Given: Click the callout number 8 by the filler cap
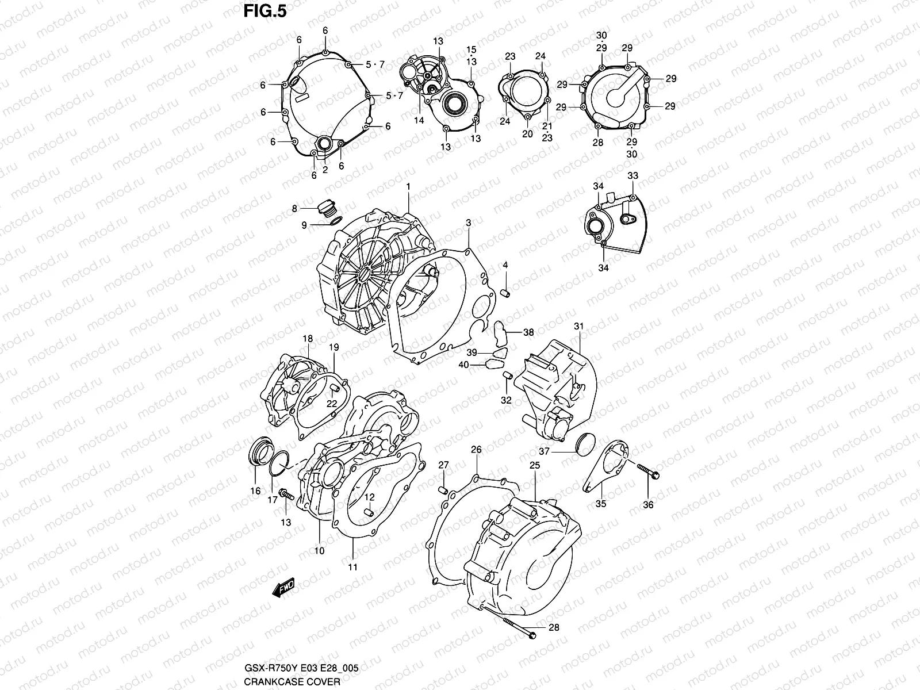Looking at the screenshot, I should point(294,208).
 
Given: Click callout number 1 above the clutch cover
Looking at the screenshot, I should point(408,187).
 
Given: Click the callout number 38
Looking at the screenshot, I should point(528,332).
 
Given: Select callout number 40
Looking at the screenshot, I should point(463,365).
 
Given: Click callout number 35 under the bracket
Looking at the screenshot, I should point(600,504).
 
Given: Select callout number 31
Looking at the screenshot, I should point(578,327).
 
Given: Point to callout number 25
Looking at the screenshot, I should point(534,465).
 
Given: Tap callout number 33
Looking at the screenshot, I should point(632,175).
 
